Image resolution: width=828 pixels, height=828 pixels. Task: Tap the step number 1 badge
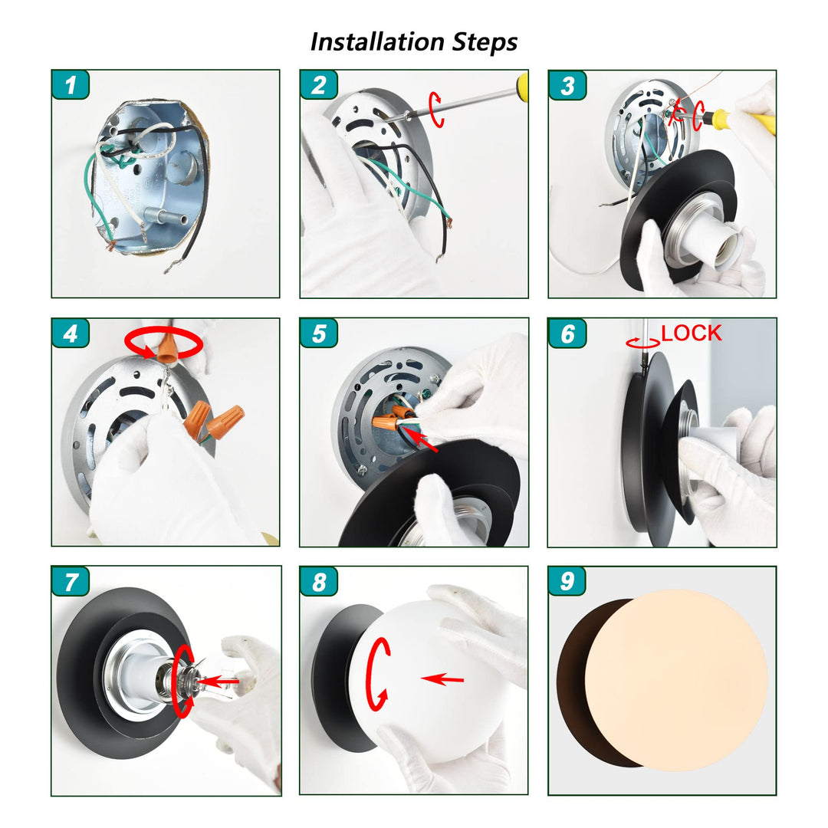71,84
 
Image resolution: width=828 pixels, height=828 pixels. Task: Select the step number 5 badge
319,333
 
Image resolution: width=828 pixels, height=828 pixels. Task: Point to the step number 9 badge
567,581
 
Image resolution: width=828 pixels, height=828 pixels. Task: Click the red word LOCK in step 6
692,333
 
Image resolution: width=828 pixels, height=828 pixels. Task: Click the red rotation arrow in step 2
436,110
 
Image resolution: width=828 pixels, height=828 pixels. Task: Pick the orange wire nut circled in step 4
167,345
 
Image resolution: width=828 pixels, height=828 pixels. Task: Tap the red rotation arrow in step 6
642,343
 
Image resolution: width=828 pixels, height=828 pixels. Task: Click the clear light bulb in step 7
216,678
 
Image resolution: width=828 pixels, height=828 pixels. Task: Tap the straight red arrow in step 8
442,678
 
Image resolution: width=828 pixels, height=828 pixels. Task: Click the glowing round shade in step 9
676,680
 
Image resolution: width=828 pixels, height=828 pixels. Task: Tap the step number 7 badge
71,581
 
